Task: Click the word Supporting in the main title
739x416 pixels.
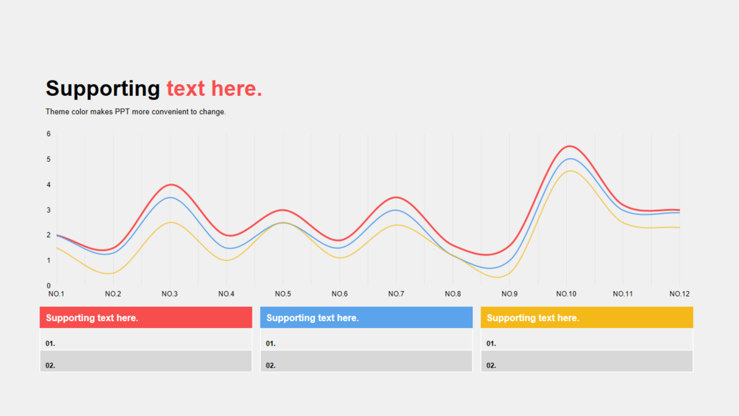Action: pos(103,89)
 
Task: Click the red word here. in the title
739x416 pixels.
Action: pos(237,88)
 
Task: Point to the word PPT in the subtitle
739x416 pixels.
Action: pos(122,112)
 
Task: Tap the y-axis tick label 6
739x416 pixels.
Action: pos(48,133)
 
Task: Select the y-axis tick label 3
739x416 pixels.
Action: pos(48,210)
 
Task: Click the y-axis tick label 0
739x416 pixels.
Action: pos(48,285)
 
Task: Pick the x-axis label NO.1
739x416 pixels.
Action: pos(57,294)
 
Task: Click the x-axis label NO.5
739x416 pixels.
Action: pos(283,294)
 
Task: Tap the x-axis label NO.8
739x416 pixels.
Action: pos(453,294)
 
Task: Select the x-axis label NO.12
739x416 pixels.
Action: pos(680,294)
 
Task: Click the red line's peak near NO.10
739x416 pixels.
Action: pos(570,146)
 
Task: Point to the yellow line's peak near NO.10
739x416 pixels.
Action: pos(570,170)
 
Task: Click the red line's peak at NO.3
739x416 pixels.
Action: pos(171,184)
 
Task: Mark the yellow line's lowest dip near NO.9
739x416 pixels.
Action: pos(498,277)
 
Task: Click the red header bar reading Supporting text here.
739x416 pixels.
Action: pos(146,317)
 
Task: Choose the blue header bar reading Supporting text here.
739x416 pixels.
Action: pos(366,317)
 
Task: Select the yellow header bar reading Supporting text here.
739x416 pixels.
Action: pos(587,317)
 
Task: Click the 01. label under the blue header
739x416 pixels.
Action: pos(271,344)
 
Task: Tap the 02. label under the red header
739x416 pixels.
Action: pos(50,366)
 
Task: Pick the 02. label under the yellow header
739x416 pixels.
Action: pos(491,366)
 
